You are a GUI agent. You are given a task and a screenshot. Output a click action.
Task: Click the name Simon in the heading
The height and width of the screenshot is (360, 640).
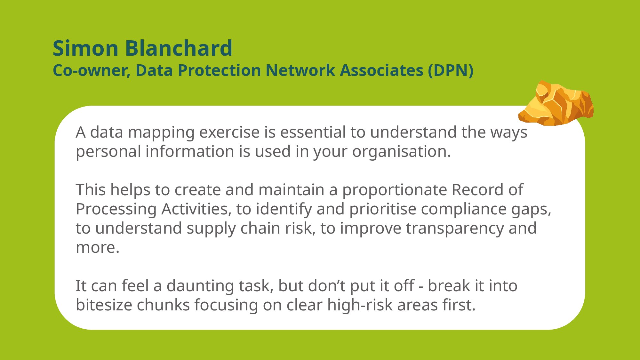[x=85, y=48]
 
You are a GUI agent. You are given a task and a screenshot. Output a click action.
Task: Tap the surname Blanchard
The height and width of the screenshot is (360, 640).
[x=179, y=48]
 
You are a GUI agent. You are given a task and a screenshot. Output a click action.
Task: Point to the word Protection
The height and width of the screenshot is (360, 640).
[x=219, y=70]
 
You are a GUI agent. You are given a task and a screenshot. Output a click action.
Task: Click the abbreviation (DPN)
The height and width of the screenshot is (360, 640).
[x=451, y=70]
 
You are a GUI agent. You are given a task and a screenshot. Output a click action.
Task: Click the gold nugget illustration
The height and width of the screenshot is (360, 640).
[x=556, y=103]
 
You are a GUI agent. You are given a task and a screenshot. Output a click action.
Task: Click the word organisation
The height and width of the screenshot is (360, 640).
[x=402, y=152]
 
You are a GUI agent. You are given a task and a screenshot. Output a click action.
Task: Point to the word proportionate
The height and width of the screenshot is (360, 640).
[x=394, y=190]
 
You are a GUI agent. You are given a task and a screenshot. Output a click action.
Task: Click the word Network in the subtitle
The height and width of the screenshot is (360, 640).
[x=300, y=70]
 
